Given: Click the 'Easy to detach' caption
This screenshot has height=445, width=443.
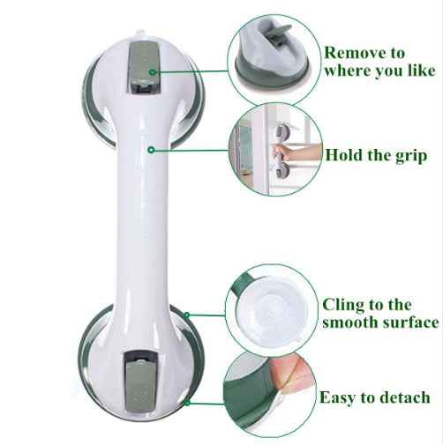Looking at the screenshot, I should click(374, 397).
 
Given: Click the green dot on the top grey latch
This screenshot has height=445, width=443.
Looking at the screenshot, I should click(151, 71).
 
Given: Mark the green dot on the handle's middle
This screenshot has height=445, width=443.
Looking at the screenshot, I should click(152, 151).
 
